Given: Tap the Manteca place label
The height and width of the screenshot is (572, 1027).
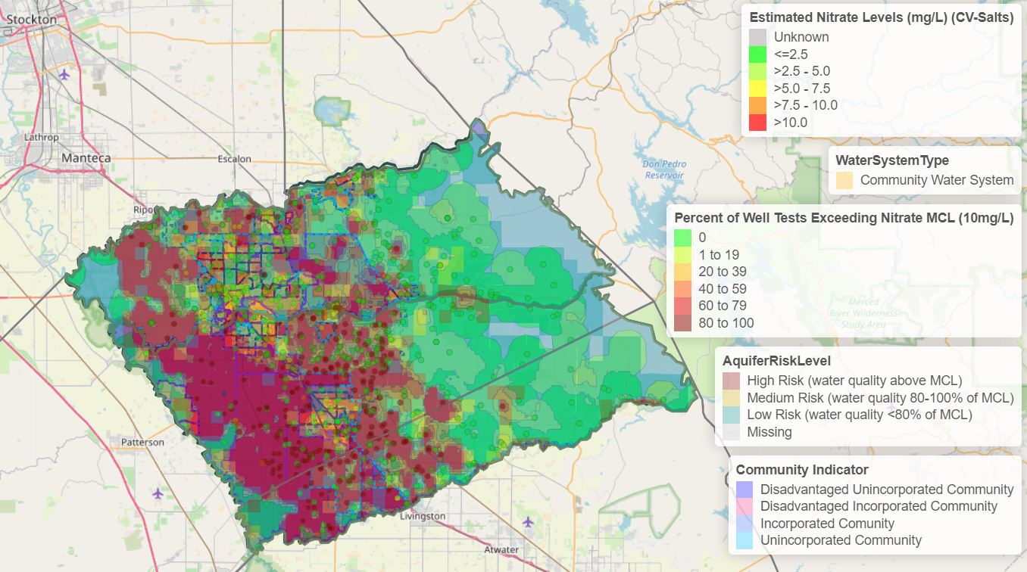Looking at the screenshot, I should click(86, 158).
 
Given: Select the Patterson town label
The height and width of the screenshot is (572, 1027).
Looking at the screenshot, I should click(142, 442).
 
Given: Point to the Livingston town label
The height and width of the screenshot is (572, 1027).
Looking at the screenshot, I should click(423, 516).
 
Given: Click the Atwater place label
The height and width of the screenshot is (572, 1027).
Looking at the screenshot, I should click(501, 550).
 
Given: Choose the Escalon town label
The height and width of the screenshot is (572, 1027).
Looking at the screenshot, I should click(234, 159).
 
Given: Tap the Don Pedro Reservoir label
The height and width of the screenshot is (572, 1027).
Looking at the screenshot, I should click(663, 169).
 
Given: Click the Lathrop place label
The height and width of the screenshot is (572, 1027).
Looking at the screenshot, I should click(41, 138).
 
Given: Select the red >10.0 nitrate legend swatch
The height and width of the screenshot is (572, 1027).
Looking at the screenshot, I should click(757, 123).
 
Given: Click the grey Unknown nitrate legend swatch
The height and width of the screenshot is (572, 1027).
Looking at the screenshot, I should click(757, 37).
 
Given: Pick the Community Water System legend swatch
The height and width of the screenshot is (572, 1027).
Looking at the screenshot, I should click(844, 180).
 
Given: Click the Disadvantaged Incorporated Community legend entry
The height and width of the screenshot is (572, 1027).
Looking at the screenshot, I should click(879, 506).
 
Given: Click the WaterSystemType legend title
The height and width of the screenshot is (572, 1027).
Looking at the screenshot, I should click(891, 160).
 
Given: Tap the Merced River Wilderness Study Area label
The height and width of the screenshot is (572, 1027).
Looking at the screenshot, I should click(863, 312).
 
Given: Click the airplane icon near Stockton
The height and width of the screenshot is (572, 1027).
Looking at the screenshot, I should click(64, 75).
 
